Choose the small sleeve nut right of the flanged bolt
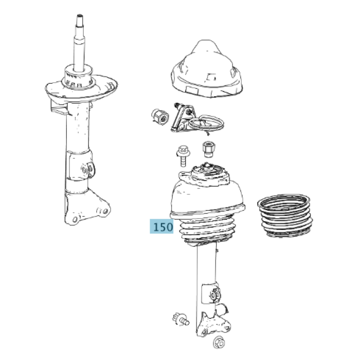209,149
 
